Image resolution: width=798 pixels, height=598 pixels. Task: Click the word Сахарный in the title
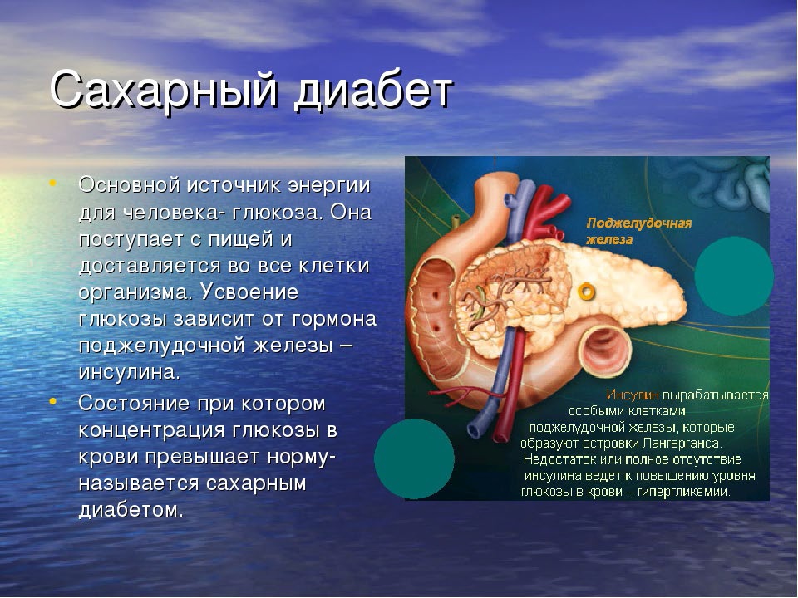(165, 91)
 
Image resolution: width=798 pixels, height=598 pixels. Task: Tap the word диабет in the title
(373, 91)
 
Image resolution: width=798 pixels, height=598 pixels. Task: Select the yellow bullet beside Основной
(52, 183)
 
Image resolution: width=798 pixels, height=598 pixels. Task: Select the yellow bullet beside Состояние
(52, 400)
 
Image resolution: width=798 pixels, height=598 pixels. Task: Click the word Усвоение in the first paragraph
(249, 292)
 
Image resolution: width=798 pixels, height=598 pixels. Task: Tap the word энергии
(329, 186)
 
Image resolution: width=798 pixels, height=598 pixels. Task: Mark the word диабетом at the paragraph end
(131, 510)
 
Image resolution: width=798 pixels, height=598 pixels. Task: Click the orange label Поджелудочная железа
(639, 232)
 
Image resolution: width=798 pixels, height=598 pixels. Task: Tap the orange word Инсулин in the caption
(633, 395)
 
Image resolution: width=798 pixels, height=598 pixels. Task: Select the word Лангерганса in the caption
(682, 444)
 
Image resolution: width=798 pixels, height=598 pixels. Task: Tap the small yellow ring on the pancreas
(586, 292)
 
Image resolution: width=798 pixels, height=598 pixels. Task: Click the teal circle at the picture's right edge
(734, 276)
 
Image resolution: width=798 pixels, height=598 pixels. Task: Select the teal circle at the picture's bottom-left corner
(414, 458)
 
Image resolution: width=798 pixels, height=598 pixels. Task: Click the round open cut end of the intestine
(604, 350)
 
